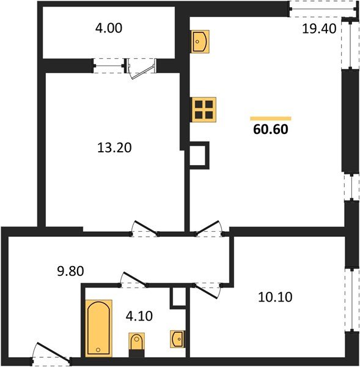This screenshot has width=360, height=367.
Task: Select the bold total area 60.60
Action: pyautogui.click(x=270, y=129)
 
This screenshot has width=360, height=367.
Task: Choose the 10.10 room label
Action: pyautogui.click(x=277, y=298)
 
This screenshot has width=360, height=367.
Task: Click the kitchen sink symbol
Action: pyautogui.click(x=200, y=41)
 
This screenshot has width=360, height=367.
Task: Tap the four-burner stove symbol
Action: pyautogui.click(x=202, y=109)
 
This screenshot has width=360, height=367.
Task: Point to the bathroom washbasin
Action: pyautogui.click(x=178, y=338)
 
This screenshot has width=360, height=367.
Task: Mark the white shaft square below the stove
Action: pyautogui.click(x=199, y=155)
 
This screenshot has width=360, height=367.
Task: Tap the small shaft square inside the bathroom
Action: pyautogui.click(x=177, y=297)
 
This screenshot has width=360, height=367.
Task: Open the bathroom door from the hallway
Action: pyautogui.click(x=135, y=280)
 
